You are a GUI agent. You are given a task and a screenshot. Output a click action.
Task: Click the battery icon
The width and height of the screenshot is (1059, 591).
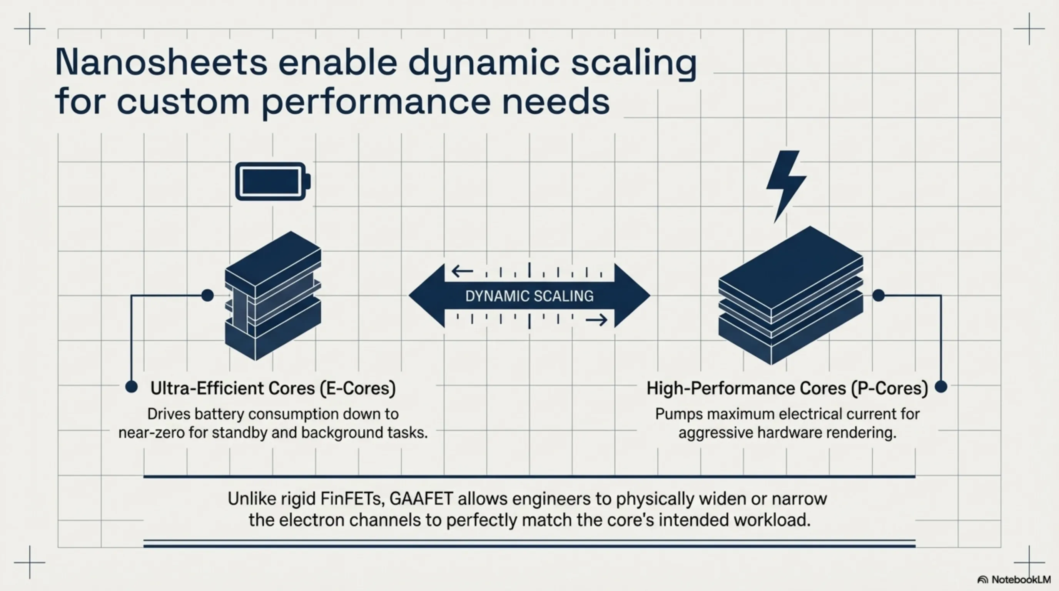(272, 182)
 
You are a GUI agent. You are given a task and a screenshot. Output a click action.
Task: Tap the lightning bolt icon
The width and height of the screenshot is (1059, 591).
(785, 183)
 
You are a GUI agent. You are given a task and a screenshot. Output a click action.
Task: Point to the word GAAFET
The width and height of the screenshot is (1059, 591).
(421, 499)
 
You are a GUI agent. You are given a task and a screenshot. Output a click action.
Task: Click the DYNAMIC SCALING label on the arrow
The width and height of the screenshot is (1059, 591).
(529, 296)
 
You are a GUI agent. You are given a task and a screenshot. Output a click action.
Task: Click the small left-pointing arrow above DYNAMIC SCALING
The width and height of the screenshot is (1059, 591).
(462, 271)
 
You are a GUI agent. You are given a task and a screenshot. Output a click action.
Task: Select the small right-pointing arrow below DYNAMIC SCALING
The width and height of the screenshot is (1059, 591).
(596, 320)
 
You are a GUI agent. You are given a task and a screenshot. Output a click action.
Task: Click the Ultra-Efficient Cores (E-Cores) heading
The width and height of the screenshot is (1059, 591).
(273, 388)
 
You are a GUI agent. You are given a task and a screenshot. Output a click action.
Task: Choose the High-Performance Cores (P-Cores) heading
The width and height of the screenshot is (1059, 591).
(787, 388)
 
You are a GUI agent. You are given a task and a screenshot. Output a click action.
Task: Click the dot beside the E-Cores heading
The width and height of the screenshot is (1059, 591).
(131, 387)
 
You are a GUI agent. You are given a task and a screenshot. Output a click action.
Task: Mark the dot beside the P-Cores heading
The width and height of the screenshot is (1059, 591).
(941, 387)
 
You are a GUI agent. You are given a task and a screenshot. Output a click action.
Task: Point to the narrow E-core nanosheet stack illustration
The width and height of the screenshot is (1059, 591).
(272, 296)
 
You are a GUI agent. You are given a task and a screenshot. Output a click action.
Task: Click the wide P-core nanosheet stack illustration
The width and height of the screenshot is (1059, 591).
(790, 296)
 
